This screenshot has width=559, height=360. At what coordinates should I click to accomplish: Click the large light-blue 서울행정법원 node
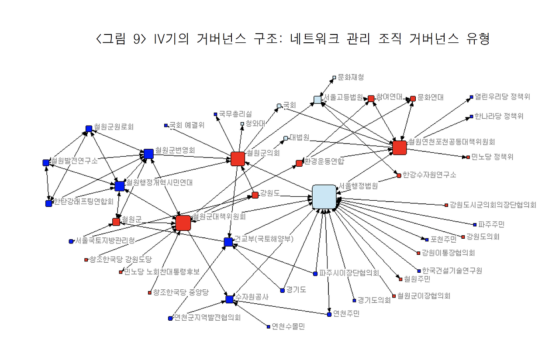pyautogui.click(x=324, y=196)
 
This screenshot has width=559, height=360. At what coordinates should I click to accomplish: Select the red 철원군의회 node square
pyautogui.click(x=238, y=159)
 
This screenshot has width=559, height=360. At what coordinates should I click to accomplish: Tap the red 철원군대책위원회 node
pyautogui.click(x=183, y=223)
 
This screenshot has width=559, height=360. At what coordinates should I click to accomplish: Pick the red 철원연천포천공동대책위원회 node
pyautogui.click(x=399, y=148)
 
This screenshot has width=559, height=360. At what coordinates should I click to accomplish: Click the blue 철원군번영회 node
pyautogui.click(x=148, y=154)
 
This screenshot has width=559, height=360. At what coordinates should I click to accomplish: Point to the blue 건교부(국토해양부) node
pyautogui.click(x=228, y=242)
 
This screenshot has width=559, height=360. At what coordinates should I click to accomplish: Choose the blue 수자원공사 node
pyautogui.click(x=230, y=299)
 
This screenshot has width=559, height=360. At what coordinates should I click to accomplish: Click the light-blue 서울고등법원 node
pyautogui.click(x=317, y=100)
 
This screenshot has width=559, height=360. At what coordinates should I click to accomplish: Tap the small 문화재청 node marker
pyautogui.click(x=335, y=78)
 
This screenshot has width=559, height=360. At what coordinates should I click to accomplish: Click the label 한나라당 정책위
pyautogui.click(x=499, y=117)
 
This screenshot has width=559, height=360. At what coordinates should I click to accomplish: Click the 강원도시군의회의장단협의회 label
pyautogui.click(x=493, y=205)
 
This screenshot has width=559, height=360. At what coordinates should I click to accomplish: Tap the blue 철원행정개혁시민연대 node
pyautogui.click(x=119, y=186)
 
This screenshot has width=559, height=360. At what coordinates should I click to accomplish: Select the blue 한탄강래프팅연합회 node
pyautogui.click(x=49, y=203)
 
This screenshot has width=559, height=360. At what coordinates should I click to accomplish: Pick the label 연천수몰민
pyautogui.click(x=288, y=326)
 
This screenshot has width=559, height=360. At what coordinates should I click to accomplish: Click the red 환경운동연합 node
pyautogui.click(x=299, y=163)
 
